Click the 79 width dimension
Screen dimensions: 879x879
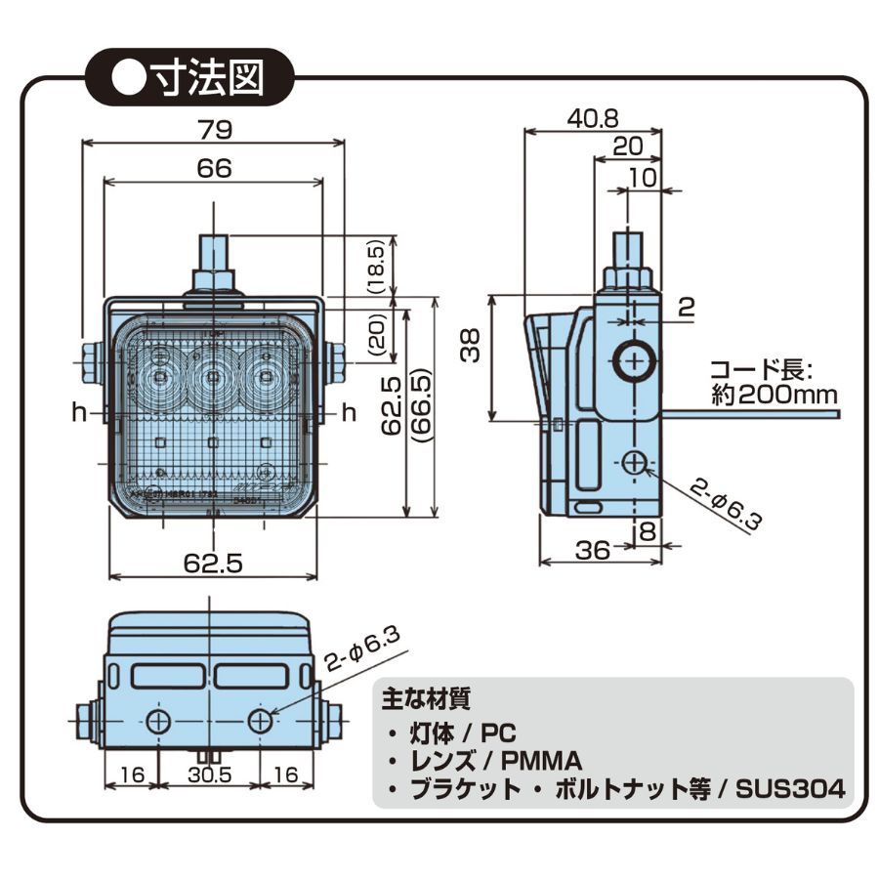click(x=214, y=128)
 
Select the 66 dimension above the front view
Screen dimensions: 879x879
click(x=214, y=167)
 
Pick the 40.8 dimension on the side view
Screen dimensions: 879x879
click(x=593, y=118)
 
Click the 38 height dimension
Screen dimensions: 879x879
click(x=473, y=344)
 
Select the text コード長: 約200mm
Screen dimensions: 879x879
click(x=773, y=383)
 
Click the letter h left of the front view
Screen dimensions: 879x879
click(x=78, y=413)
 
